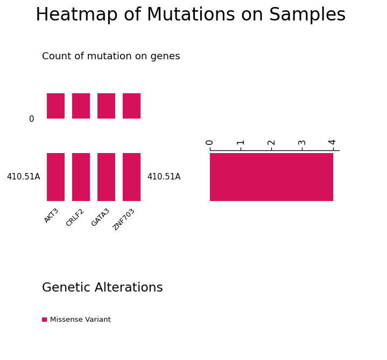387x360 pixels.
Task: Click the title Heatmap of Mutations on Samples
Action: point(191,15)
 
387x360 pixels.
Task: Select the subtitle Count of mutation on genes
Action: point(111,57)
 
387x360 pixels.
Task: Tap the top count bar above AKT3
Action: point(56,106)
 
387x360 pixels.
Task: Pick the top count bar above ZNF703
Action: point(131,106)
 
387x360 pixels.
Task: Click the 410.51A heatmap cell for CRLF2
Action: point(81,177)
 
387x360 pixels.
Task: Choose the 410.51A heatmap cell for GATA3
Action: point(107,177)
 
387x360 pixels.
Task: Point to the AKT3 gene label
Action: point(51,216)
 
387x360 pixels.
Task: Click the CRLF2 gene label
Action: point(75,218)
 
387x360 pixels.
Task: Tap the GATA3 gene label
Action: point(100,217)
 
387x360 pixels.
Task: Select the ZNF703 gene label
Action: point(123,220)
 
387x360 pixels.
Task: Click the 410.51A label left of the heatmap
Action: point(24,177)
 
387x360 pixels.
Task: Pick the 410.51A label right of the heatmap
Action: point(164,177)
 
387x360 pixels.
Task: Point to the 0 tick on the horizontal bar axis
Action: point(209,143)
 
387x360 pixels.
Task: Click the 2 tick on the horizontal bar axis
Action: point(271,143)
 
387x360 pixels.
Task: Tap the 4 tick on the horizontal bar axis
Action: point(332,142)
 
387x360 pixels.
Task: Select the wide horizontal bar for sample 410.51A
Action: point(271,177)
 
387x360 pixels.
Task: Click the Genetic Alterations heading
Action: point(102,288)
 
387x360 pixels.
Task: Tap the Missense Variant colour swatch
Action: point(45,320)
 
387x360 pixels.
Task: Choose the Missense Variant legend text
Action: point(80,320)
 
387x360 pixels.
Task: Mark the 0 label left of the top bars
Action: point(32,119)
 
